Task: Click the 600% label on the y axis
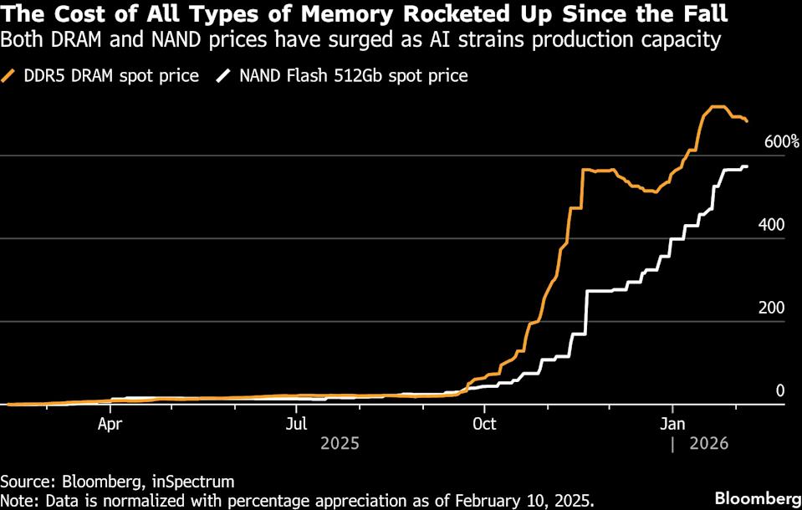click(782, 142)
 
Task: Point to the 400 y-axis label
click(771, 225)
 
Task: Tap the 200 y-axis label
click(771, 308)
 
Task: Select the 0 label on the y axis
click(779, 390)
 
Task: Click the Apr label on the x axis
click(110, 424)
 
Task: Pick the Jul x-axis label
click(298, 424)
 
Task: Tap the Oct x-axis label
click(484, 424)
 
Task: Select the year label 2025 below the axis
click(340, 444)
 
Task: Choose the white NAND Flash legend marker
click(222, 76)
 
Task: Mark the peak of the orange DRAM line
click(716, 107)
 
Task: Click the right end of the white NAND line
click(747, 166)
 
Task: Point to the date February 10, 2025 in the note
click(520, 501)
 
